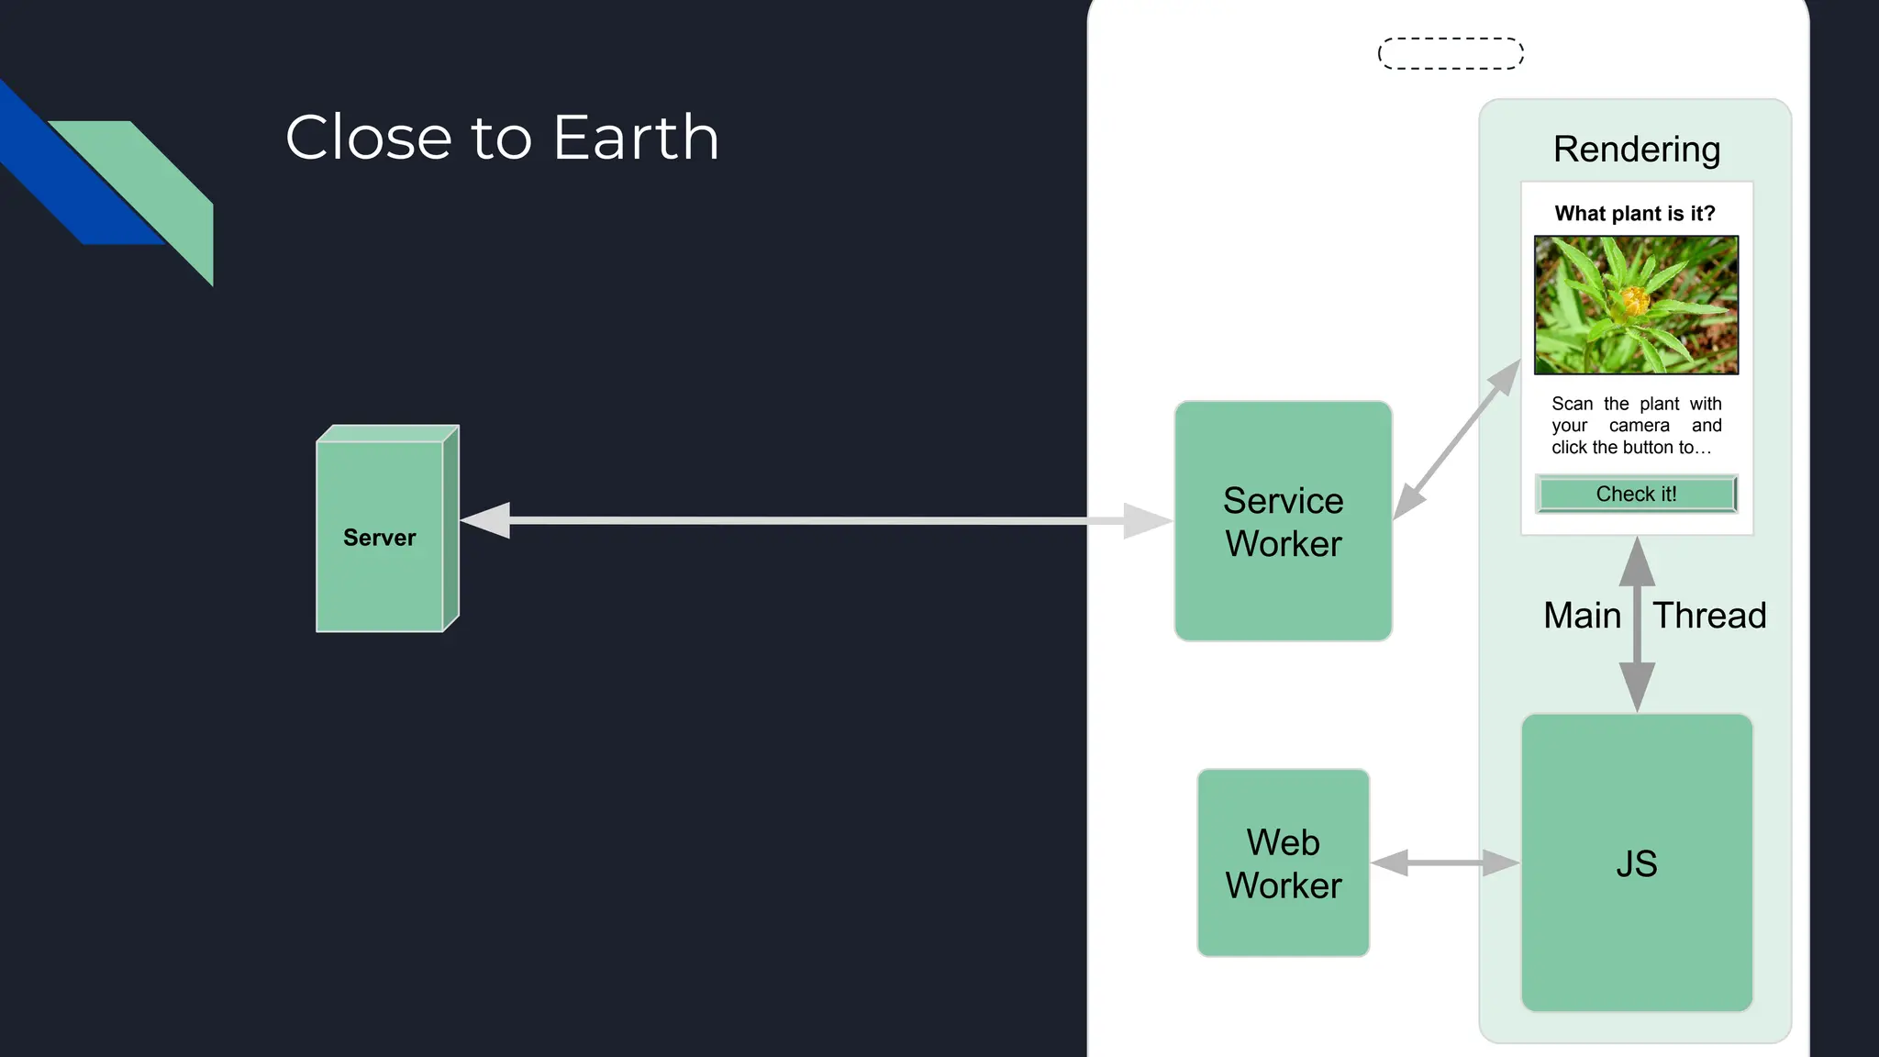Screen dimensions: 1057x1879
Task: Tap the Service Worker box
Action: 1283,521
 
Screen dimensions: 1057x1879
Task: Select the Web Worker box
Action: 1283,862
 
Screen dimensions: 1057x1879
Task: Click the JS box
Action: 1637,862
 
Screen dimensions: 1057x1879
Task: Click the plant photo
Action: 1636,305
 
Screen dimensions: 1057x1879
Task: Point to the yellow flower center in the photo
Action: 1634,299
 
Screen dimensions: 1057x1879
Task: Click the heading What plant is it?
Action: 1634,214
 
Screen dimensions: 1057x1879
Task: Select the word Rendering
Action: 1636,149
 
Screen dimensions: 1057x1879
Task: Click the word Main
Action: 1582,615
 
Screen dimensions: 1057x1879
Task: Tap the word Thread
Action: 1709,615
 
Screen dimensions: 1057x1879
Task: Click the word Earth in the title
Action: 636,138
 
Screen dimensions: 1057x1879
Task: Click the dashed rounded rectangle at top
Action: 1451,53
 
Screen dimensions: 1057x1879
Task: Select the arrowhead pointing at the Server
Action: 484,520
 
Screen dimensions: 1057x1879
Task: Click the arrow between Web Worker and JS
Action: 1445,862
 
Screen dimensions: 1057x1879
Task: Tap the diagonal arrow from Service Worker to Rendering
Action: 1457,439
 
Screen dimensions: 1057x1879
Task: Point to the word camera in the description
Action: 1639,426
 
